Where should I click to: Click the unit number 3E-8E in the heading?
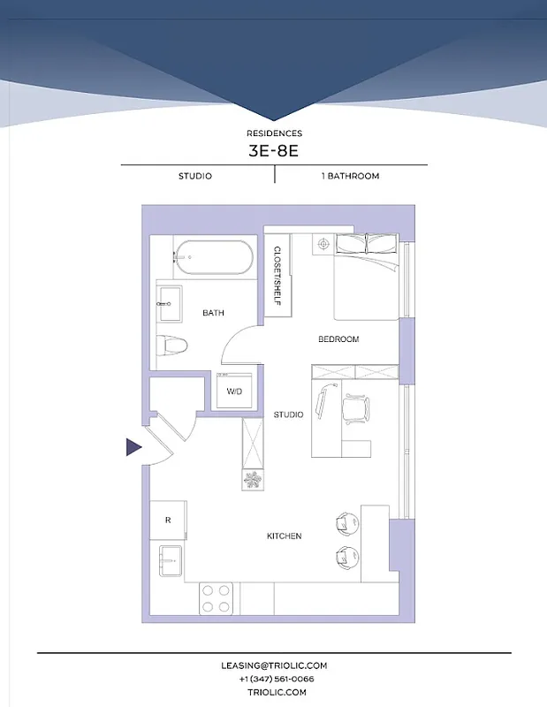[274, 149]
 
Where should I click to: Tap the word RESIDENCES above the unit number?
[274, 133]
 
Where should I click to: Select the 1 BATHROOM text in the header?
[350, 176]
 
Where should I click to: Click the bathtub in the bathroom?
[211, 257]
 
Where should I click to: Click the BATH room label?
[213, 313]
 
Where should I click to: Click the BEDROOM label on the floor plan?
[338, 339]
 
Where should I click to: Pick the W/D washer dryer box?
[235, 391]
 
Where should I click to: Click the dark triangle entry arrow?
[133, 448]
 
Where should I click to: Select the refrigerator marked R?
[168, 520]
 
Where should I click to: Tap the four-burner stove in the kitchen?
[216, 598]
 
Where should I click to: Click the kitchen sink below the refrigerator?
[170, 560]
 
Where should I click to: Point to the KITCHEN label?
[285, 536]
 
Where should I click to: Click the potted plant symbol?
[254, 480]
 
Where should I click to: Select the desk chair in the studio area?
[357, 407]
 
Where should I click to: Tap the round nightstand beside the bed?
[323, 243]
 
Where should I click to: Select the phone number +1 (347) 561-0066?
[276, 679]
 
